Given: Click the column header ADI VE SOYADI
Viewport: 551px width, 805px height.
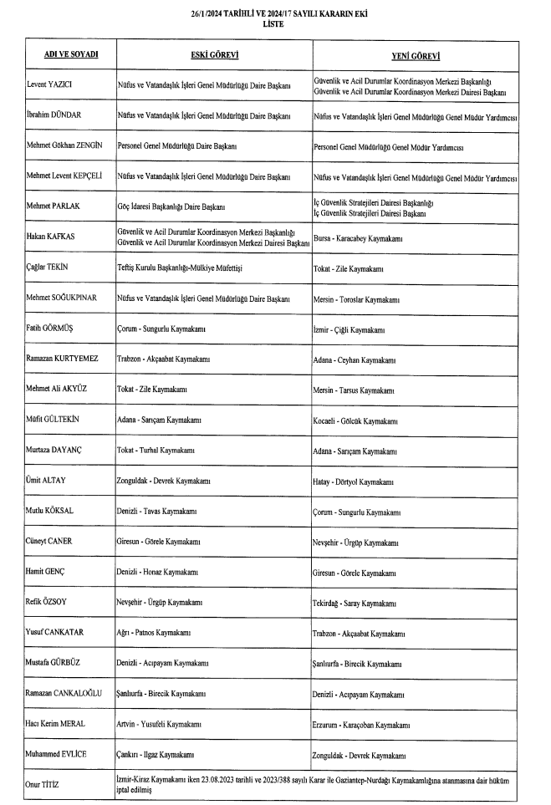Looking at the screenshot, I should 70,55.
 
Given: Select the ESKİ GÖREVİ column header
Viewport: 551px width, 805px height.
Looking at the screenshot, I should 215,55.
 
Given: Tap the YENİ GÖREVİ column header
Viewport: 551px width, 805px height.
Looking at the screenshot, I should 416,55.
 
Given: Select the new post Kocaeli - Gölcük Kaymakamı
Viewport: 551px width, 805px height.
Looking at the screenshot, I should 355,420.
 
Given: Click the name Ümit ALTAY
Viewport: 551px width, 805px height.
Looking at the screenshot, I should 47,481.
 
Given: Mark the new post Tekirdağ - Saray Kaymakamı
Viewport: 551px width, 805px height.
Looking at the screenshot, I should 354,603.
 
